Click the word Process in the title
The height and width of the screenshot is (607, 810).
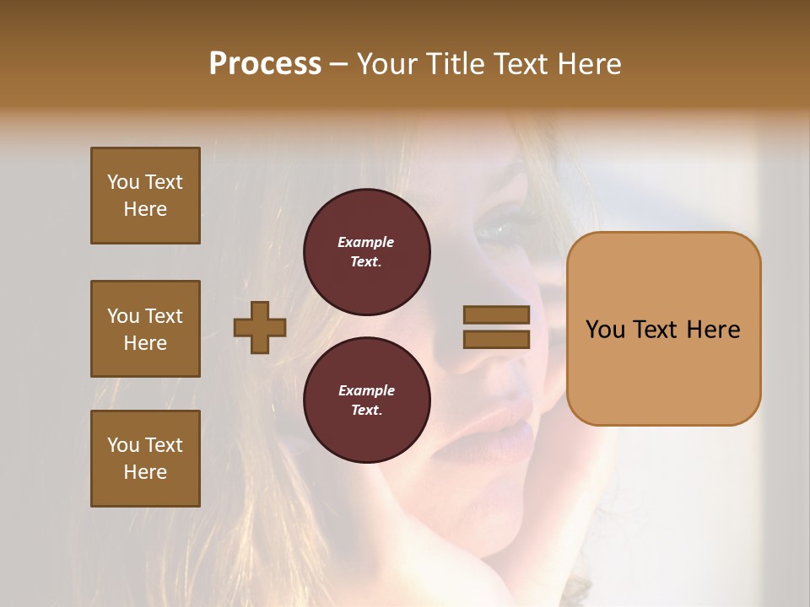[x=265, y=64]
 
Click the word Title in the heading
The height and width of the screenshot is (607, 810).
[x=455, y=64]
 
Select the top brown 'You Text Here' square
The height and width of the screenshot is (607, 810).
[x=145, y=196]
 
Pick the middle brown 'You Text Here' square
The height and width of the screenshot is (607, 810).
[x=145, y=329]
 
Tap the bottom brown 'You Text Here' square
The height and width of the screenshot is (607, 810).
[x=145, y=459]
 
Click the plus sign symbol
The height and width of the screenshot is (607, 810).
[x=260, y=327]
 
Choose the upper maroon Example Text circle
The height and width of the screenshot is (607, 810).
[x=367, y=252]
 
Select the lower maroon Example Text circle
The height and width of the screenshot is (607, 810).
[x=367, y=400]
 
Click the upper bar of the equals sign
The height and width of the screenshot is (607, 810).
[x=496, y=315]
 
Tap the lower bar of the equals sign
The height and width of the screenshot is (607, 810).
[x=496, y=339]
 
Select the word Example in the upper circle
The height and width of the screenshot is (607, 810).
[x=366, y=242]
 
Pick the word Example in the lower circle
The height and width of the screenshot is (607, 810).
[x=366, y=390]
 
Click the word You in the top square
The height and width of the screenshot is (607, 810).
[x=122, y=182]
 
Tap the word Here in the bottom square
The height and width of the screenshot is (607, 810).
[x=145, y=472]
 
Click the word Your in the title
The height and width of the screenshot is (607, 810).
[x=388, y=64]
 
